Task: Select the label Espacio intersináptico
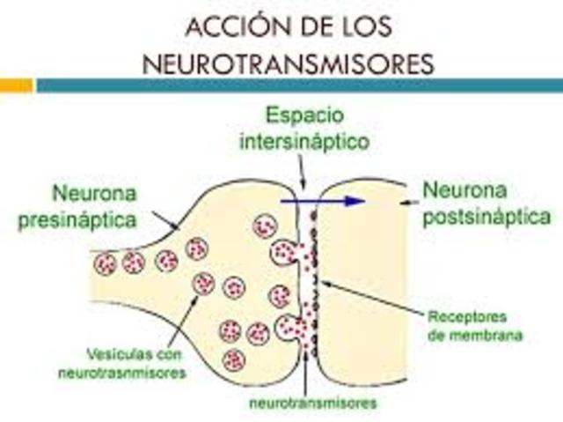(x=305, y=129)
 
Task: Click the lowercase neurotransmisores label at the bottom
(x=313, y=403)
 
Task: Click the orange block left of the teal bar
(x=16, y=85)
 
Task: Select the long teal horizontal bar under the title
(x=299, y=85)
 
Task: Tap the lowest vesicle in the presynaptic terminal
(x=233, y=359)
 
